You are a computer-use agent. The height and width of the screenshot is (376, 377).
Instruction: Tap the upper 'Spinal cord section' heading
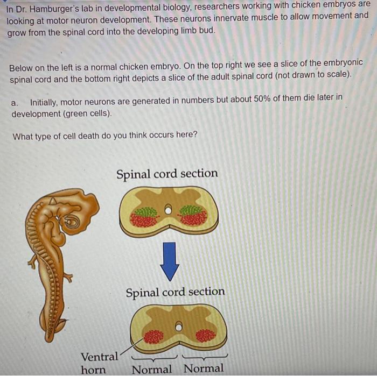pos(167,174)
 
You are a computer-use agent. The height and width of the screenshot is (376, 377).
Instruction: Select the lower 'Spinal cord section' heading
pos(175,292)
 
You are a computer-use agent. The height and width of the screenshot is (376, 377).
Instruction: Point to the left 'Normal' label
pos(152,369)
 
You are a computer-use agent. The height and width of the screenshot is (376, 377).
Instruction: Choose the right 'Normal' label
pos(204,368)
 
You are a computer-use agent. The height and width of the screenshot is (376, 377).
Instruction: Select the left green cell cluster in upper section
pos(143,211)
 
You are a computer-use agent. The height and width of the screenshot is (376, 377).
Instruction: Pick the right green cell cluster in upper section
pos(192,210)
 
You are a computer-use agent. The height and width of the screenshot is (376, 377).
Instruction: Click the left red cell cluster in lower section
pos(153,336)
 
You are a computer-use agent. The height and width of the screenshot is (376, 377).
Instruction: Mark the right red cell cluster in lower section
pos(205,336)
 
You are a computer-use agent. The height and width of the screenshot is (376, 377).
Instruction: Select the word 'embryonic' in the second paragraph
pos(343,63)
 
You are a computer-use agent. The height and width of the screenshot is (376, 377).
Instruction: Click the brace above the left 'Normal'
pos(153,357)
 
